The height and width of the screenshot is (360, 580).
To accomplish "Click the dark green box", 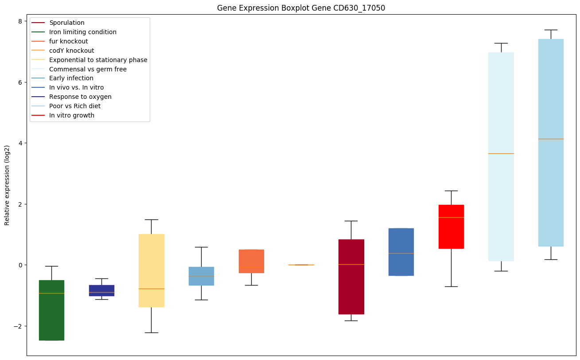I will tap(51, 310).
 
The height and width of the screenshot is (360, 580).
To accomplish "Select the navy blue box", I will tap(101, 290).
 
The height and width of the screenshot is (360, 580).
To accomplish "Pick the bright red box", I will tap(451, 227).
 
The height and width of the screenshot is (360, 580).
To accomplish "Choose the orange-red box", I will tap(251, 261).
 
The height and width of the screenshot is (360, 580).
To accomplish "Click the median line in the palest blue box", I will tap(501, 153).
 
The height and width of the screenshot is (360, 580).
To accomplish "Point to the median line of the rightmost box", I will tap(551, 139).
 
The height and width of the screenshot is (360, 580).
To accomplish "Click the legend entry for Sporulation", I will tap(67, 23).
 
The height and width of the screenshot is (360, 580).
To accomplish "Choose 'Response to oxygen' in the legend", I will tap(80, 97).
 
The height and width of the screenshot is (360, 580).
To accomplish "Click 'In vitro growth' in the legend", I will tap(72, 115).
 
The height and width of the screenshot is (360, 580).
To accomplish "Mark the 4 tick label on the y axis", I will tap(20, 143).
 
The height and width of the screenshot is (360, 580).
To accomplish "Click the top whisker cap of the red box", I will tap(451, 191).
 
